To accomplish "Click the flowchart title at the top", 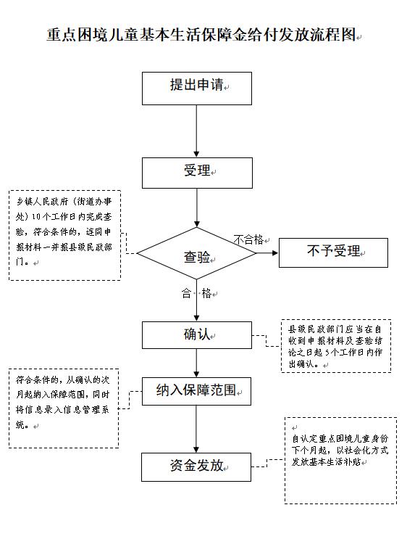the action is pos(201,35).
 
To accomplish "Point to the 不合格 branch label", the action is pos(248,239).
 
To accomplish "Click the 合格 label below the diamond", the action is pos(196,293).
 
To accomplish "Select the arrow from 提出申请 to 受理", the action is pos(196,131).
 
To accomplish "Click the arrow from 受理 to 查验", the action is pos(197,207).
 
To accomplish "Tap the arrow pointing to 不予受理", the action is pos(267,252).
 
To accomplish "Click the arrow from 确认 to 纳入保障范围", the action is pos(196,363).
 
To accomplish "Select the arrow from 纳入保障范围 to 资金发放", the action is pos(196,429).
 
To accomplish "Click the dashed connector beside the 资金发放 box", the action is pos(267,463).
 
